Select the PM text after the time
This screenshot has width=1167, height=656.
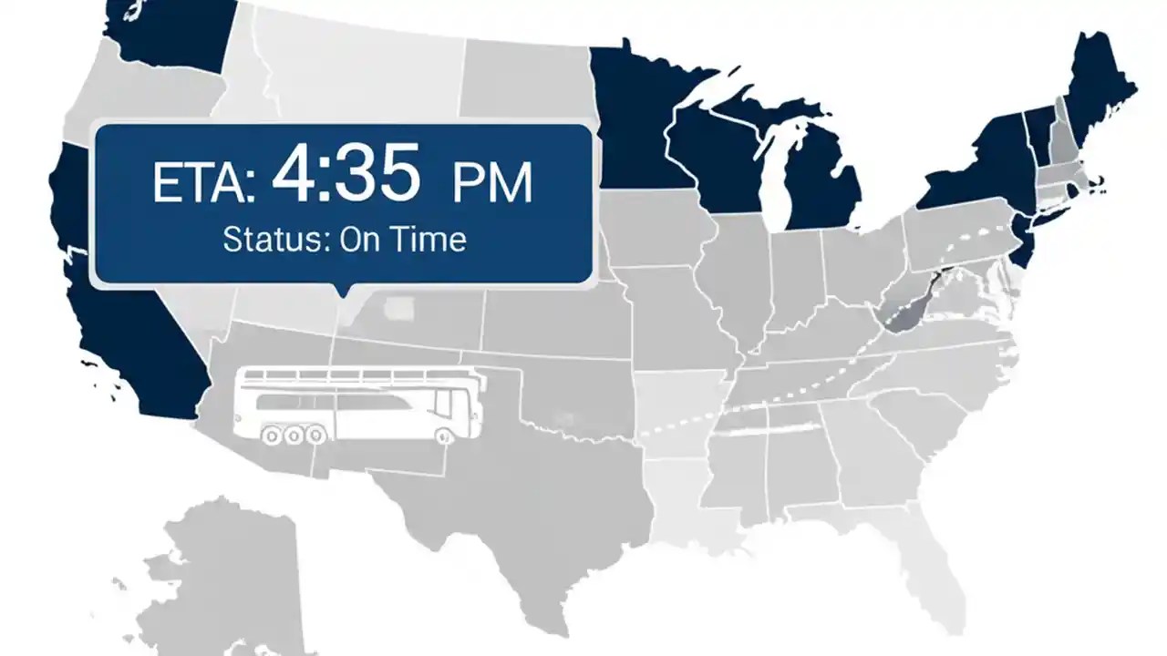(491, 183)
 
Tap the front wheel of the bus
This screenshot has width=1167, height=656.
(446, 436)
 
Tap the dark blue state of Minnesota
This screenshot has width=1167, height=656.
(638, 118)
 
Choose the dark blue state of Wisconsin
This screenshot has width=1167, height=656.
(720, 155)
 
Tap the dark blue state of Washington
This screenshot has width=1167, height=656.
(169, 32)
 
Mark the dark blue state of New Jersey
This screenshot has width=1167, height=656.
(1026, 241)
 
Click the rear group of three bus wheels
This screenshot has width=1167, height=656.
(293, 436)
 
